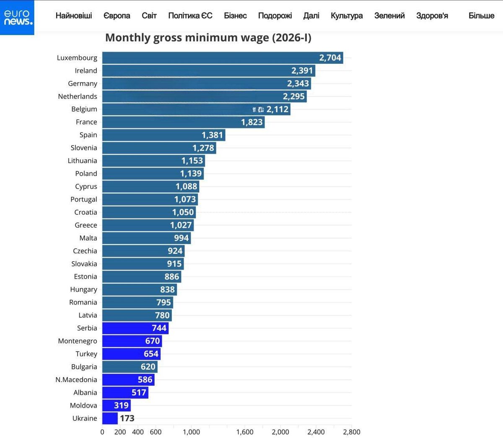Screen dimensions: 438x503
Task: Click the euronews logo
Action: (17, 17)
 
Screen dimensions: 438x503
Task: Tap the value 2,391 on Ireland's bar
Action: (302, 70)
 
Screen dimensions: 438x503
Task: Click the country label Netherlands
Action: (78, 96)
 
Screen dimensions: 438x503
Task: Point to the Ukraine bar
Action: (110, 418)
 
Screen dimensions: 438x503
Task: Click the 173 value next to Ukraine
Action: (127, 418)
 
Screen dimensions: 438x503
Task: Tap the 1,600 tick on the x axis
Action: (245, 432)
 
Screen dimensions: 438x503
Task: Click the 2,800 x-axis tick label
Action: (351, 432)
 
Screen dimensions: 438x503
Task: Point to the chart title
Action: (208, 38)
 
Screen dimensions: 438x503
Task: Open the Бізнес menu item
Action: (235, 16)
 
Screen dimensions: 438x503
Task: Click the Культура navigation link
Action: (347, 16)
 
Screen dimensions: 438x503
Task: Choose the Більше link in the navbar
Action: (481, 16)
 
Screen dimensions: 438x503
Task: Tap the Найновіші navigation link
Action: (74, 16)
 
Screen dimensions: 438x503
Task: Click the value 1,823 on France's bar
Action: (251, 122)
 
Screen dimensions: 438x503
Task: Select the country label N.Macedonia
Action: (76, 380)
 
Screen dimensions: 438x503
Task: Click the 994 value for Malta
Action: (181, 238)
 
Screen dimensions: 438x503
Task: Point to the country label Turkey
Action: (86, 354)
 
